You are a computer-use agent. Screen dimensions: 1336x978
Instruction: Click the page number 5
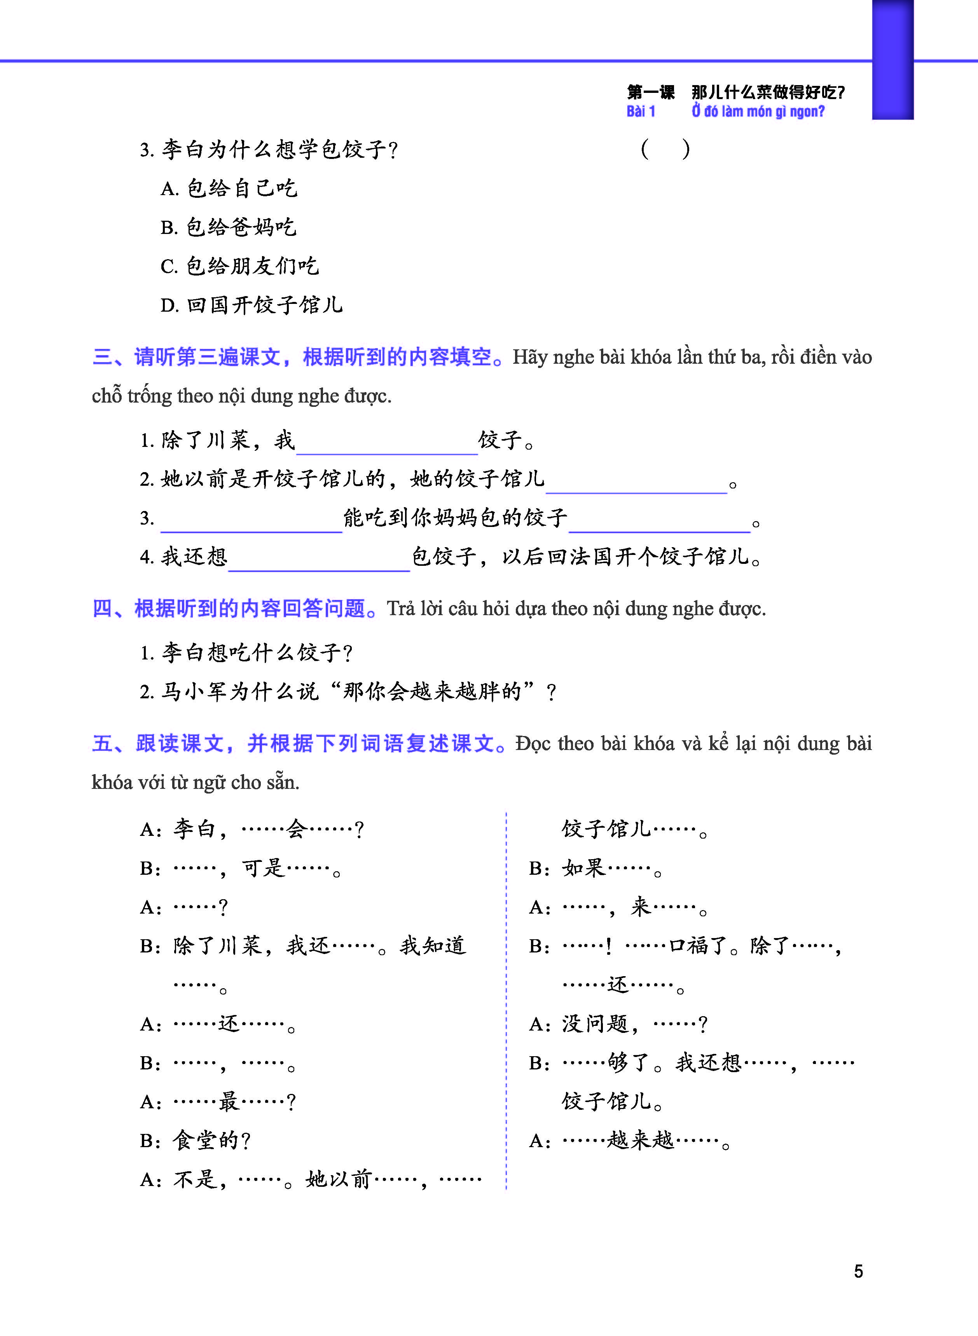click(858, 1271)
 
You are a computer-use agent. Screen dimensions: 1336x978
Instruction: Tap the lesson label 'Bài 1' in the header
click(641, 111)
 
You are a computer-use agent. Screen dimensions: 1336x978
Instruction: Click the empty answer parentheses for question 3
click(665, 149)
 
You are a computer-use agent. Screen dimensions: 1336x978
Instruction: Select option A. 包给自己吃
click(229, 188)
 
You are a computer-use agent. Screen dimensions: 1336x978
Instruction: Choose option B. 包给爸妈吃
click(229, 227)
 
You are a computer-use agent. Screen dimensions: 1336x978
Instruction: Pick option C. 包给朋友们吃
click(240, 266)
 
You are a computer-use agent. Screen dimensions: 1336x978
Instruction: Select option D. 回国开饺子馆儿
click(251, 305)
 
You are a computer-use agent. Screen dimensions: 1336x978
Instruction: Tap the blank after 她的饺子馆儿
click(636, 483)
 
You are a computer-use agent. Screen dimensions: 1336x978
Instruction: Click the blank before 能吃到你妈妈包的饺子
click(251, 522)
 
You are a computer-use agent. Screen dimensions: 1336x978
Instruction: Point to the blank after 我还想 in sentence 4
click(319, 561)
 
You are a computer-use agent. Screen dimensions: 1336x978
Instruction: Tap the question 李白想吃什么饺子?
click(246, 652)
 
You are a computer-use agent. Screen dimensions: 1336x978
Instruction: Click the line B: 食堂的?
click(196, 1140)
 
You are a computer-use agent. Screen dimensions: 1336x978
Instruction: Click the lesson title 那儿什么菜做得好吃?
click(768, 92)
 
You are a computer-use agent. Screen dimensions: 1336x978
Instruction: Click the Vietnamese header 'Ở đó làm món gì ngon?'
click(758, 111)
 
